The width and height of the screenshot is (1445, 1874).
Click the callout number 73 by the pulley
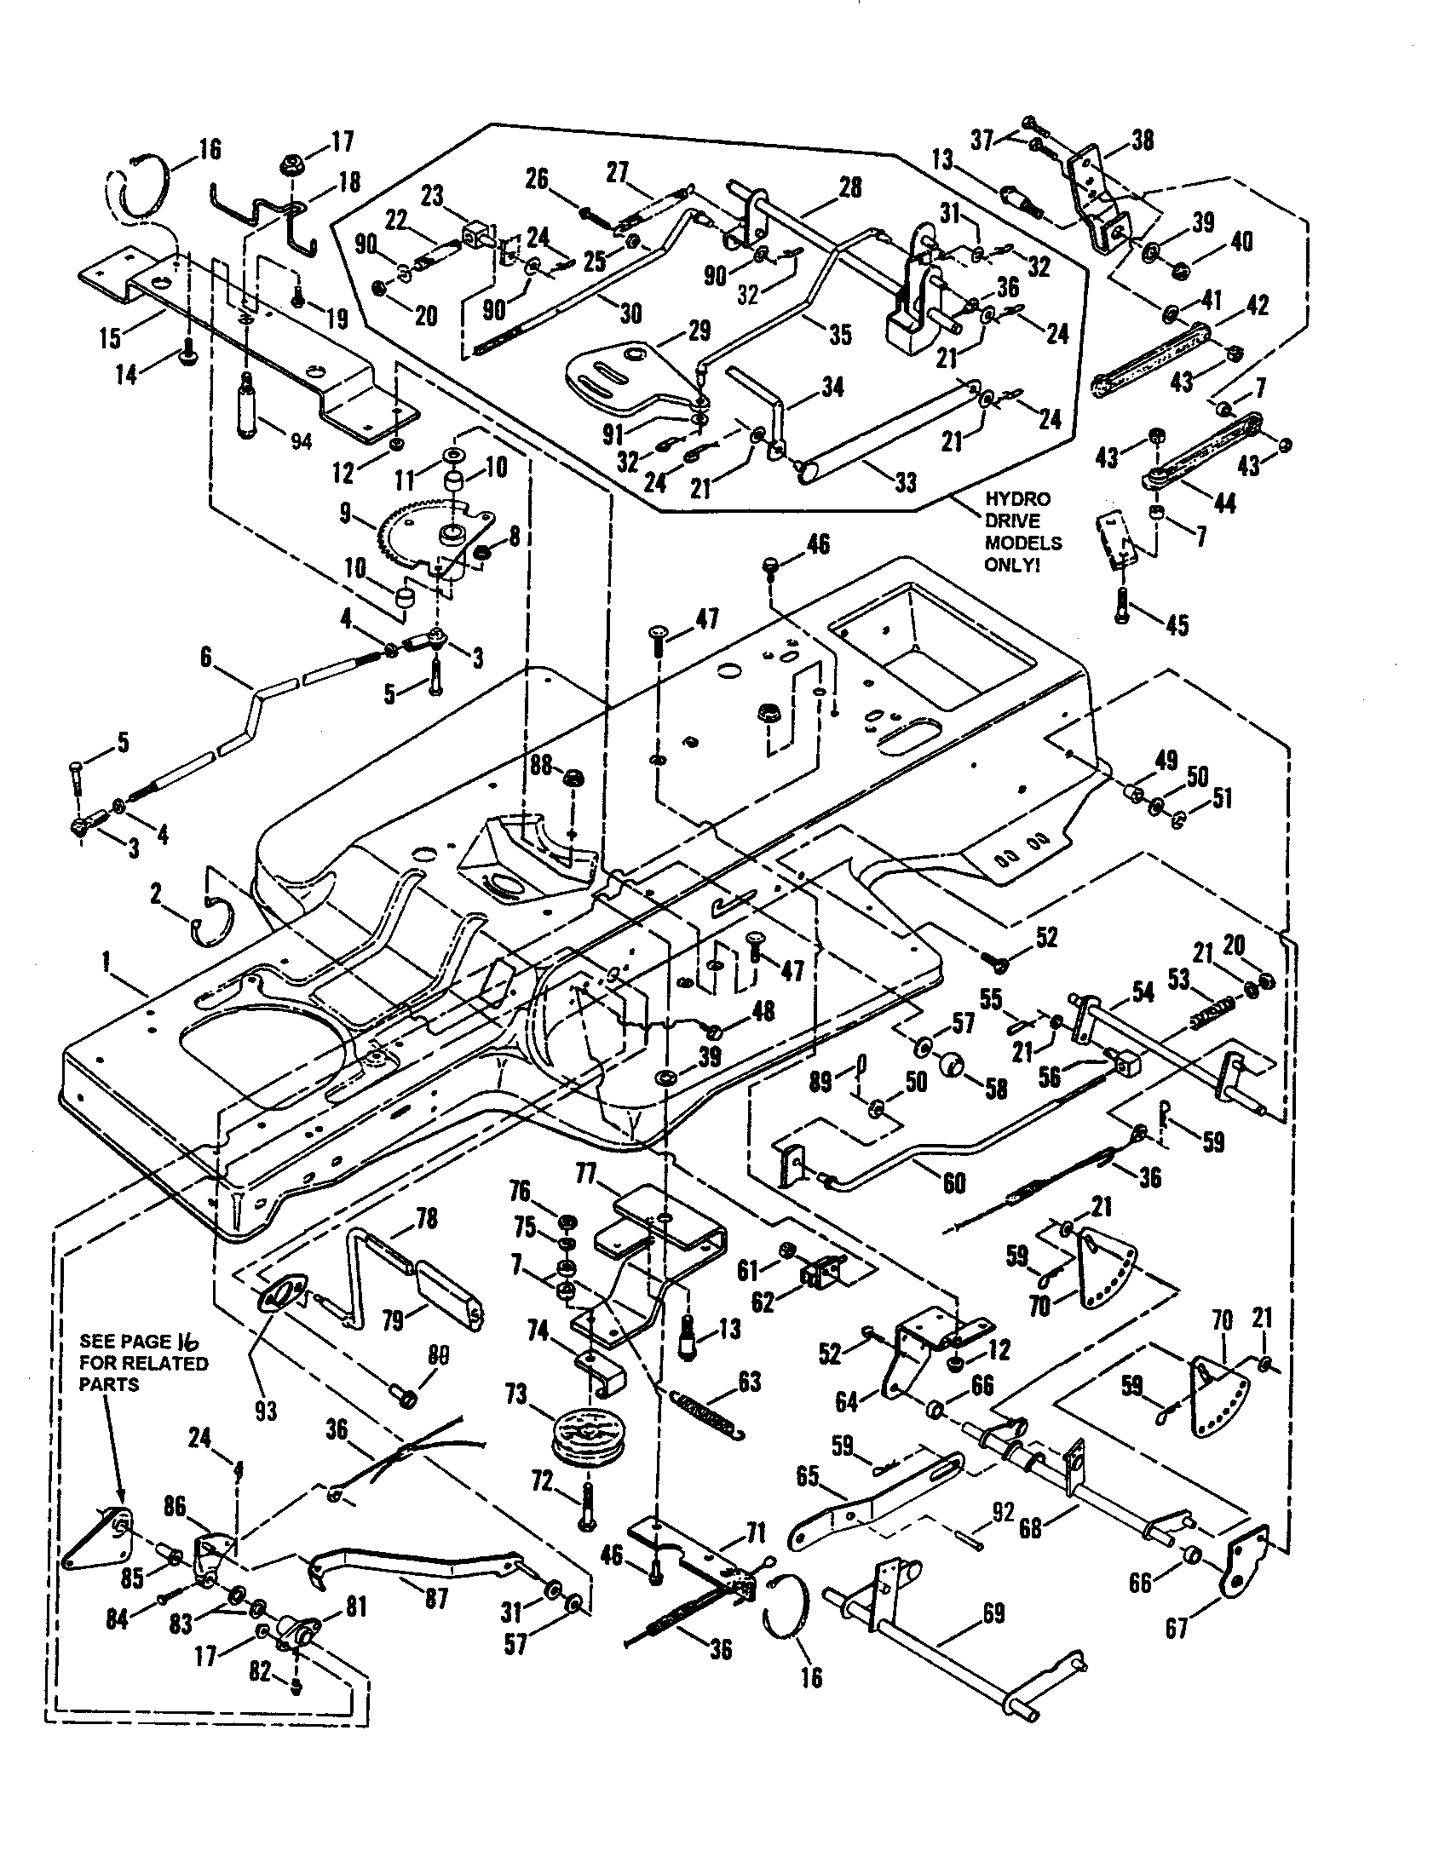click(x=515, y=1395)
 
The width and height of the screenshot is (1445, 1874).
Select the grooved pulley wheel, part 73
click(x=581, y=1436)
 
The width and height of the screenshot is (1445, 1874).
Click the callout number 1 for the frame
click(x=107, y=963)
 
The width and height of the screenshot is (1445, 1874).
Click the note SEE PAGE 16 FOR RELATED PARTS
click(x=143, y=1363)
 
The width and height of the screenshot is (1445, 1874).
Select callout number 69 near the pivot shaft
click(x=993, y=1613)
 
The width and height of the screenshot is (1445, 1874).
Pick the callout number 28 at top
click(x=849, y=187)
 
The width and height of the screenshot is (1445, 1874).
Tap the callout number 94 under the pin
click(x=300, y=442)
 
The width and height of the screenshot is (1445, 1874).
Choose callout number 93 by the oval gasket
click(x=266, y=1410)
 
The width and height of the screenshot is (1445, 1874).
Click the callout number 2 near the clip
click(x=155, y=895)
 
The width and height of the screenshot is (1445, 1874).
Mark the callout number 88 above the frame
click(x=540, y=764)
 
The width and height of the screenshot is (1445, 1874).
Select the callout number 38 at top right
click(x=1142, y=140)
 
